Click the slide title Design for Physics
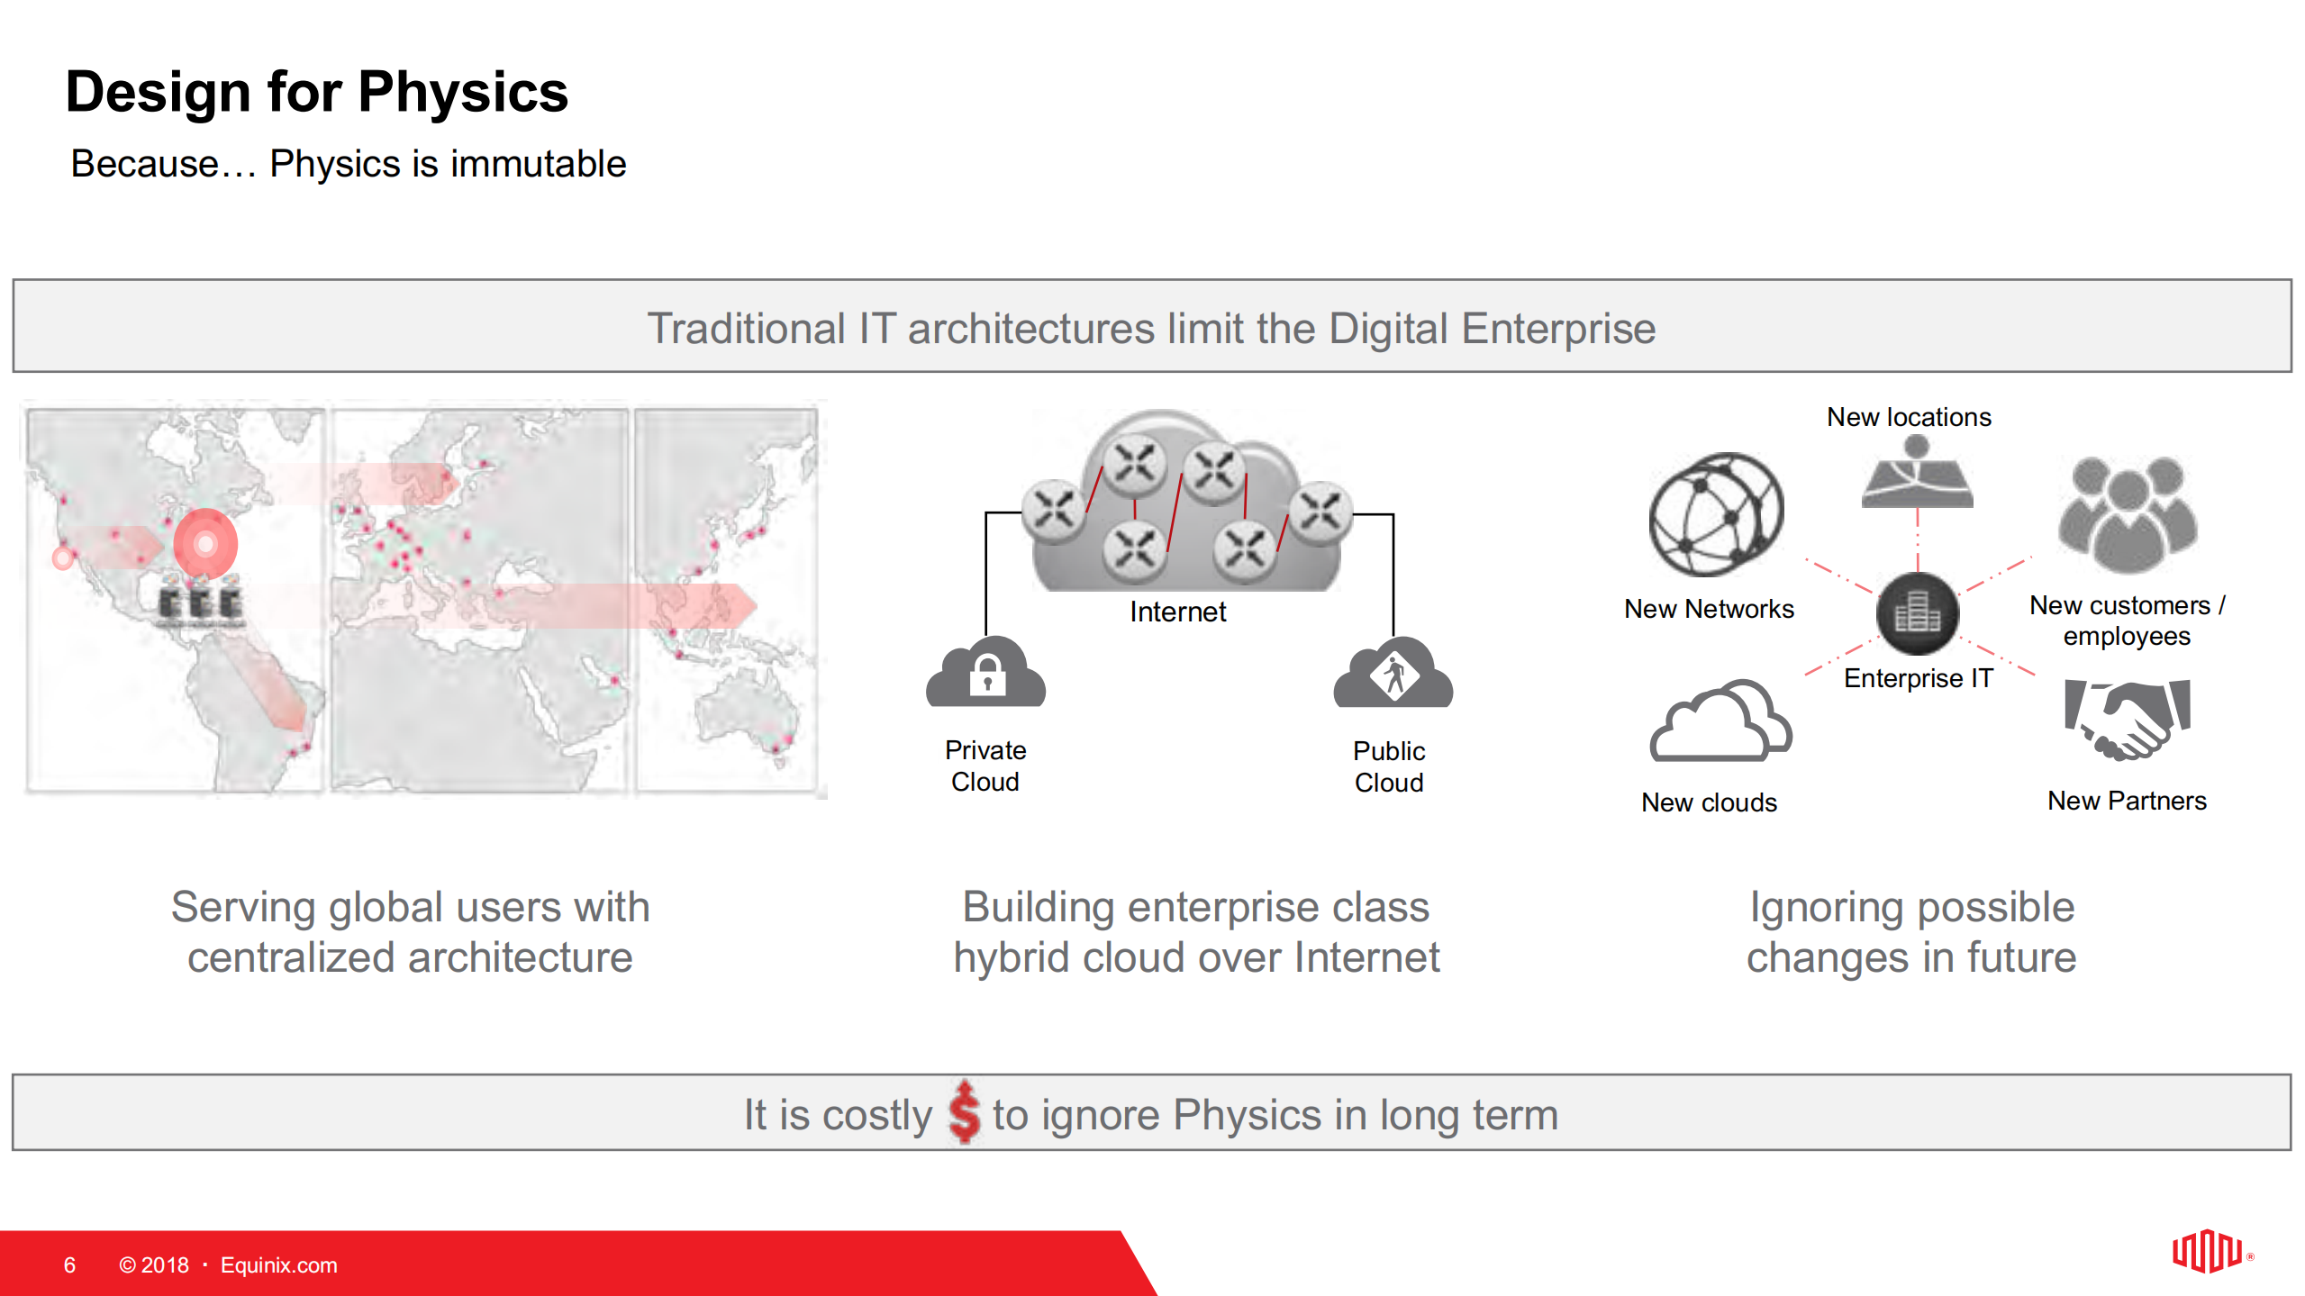[316, 92]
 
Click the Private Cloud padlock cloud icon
[986, 674]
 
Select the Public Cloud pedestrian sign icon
[1393, 674]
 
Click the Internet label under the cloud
[1176, 612]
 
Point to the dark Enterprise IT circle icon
[1917, 614]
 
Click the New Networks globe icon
[1715, 514]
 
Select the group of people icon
[2127, 514]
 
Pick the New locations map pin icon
[1917, 474]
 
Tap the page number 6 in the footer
[69, 1264]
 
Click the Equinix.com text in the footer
[278, 1264]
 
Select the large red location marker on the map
[205, 543]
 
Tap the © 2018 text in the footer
[154, 1264]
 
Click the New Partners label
[2126, 801]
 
